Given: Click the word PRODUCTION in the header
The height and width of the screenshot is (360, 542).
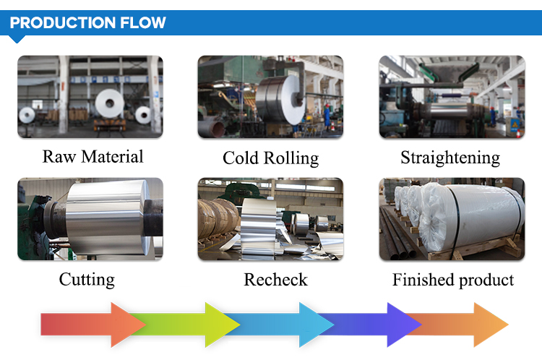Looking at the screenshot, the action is (63, 23).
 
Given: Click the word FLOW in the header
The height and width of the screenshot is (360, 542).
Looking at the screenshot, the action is (143, 23).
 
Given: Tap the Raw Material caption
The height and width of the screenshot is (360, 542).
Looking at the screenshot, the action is (93, 157).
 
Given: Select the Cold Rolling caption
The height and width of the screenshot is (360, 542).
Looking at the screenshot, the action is (271, 158).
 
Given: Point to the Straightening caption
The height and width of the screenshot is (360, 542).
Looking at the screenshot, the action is (450, 158).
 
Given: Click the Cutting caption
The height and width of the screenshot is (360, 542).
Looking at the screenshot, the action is (87, 280).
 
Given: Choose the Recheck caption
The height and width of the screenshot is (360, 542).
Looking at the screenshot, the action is (275, 280).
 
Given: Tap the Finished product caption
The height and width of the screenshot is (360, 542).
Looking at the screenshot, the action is (453, 280).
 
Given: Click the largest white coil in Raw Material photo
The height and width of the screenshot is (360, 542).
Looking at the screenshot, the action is (109, 103).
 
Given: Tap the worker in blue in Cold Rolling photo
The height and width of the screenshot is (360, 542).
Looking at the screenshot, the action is (327, 116).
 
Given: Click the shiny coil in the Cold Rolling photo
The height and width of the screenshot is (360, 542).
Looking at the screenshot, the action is (280, 100).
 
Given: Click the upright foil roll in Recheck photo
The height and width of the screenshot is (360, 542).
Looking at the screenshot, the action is (259, 226).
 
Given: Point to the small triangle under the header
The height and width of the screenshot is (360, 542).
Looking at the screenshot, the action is (16, 39).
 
